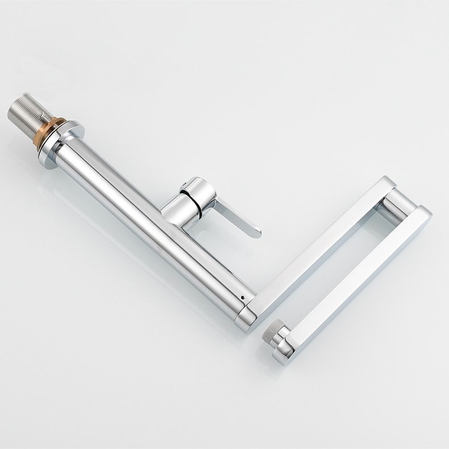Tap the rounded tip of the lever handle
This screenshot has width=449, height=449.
coord(255,231)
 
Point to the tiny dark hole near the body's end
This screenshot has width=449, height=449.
coord(244,297)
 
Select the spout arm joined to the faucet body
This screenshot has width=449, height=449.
coord(318,244)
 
